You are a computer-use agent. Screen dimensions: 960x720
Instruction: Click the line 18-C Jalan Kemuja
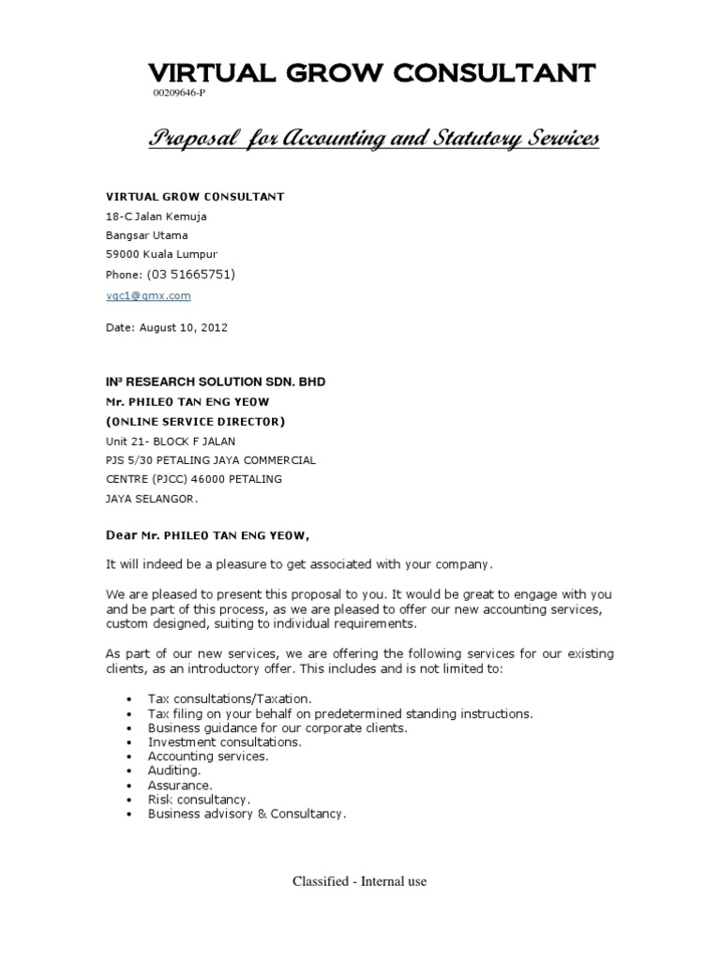pos(157,217)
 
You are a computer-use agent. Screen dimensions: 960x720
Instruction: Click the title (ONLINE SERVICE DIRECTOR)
pos(195,421)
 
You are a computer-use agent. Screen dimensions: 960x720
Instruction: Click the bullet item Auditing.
pos(174,771)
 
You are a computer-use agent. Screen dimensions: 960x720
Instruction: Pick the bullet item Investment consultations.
pos(225,742)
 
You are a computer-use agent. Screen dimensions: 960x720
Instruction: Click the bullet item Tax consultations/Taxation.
pos(230,699)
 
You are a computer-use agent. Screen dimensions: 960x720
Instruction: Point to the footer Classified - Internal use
pos(360,882)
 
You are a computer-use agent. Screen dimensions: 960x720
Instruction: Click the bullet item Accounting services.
pos(208,756)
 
